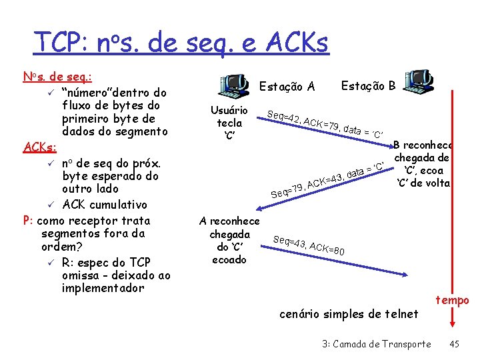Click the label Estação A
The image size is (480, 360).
pos(287,87)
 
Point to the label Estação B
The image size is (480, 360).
pos(368,85)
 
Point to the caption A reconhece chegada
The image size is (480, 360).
pos(229,240)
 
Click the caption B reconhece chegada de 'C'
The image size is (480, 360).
pos(423,164)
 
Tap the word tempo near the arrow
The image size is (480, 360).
pos(453,301)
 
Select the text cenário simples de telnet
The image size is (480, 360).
pos(349,314)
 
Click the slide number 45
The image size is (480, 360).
pos(454,344)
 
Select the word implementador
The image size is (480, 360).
pos(103,288)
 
